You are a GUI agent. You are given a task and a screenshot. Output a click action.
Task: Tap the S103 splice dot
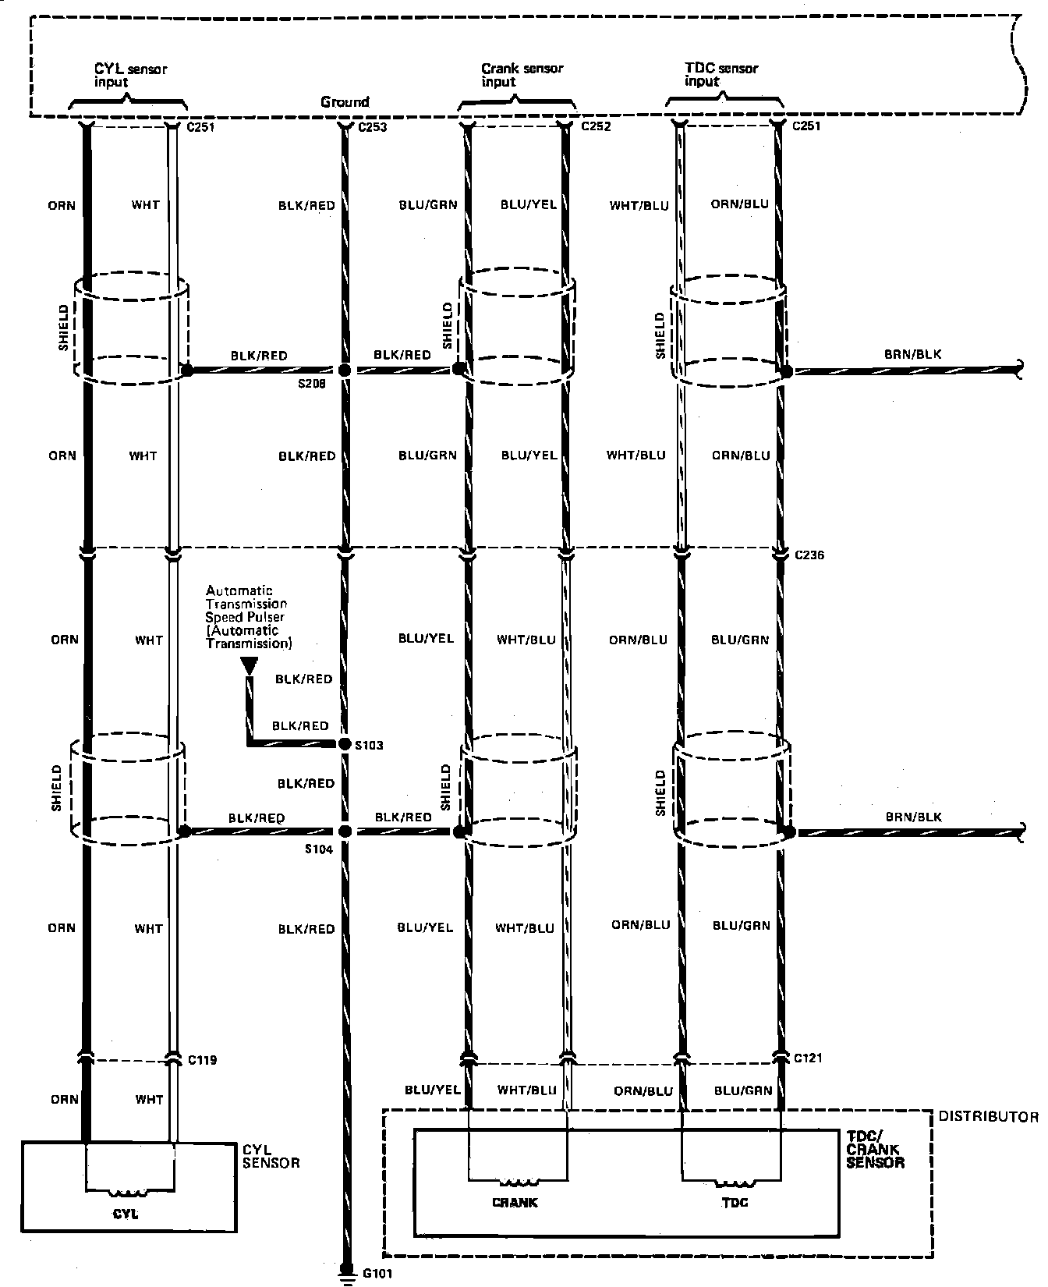pos(344,744)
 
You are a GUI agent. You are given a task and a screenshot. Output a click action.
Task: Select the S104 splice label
pos(319,849)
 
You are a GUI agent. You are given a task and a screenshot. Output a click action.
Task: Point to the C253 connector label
pos(372,126)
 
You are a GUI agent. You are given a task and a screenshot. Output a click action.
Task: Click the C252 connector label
pos(596,126)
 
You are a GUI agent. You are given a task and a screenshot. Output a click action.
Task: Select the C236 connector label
pos(809,555)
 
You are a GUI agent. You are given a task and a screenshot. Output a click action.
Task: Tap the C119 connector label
pos(202,1060)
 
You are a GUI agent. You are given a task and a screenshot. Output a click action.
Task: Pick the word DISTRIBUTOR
pos(988,1117)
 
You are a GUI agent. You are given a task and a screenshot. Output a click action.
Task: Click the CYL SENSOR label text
pos(271,1156)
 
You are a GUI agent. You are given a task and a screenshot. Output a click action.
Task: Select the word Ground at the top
pos(345,102)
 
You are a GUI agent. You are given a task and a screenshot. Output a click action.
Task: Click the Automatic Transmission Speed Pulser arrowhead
pos(249,665)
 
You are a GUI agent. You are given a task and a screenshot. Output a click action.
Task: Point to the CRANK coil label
pos(515,1202)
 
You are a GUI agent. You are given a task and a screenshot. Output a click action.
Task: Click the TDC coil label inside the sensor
pos(735,1202)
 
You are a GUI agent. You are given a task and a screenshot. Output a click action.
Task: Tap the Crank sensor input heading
pos(521,75)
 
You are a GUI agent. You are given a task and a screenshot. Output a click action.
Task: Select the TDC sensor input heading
pos(720,75)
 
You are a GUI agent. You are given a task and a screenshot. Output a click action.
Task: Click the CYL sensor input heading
pos(130,75)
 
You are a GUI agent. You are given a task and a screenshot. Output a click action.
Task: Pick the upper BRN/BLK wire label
pos(912,354)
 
